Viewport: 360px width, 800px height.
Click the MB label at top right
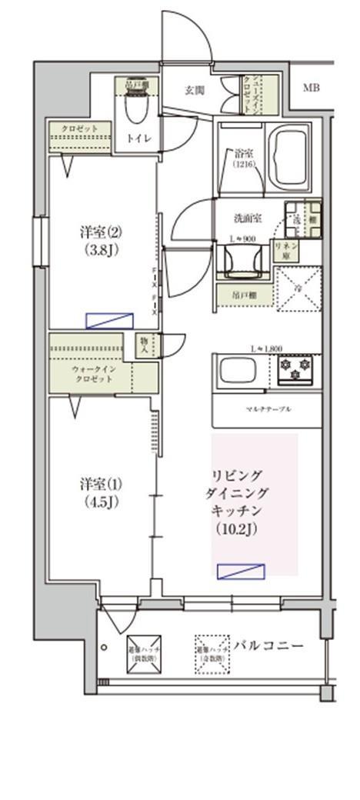tap(311, 88)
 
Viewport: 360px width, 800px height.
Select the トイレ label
tap(139, 138)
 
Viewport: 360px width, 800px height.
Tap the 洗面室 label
tap(248, 218)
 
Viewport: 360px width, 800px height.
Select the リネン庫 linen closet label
tap(287, 248)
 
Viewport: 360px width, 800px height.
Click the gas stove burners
tap(295, 369)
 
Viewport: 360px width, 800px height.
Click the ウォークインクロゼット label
tap(94, 375)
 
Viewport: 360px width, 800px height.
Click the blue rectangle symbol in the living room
tap(241, 571)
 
